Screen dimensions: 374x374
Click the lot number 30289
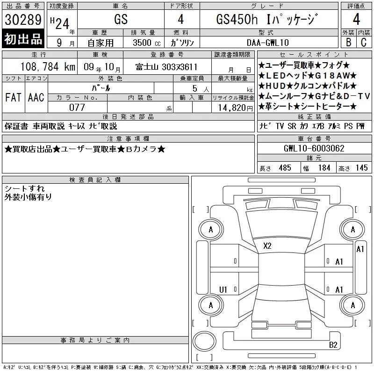coord(23,20)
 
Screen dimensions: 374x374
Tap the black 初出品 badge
coord(23,38)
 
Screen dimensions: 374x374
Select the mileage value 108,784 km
coord(48,67)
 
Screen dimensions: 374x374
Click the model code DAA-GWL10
coord(268,43)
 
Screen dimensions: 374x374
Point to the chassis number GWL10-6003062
coord(314,148)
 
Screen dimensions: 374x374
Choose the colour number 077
coord(77,108)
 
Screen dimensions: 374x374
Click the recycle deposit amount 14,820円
coord(236,108)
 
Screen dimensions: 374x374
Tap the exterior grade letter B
coord(348,42)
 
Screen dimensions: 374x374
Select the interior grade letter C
coord(364,42)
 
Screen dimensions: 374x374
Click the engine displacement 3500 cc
coord(147,43)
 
